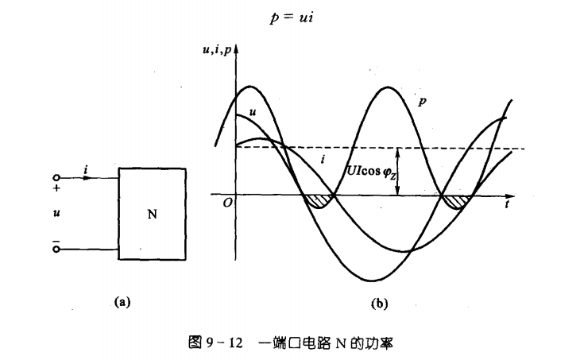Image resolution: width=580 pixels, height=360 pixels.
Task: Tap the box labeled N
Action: click(152, 215)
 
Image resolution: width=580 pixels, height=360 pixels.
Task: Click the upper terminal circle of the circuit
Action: click(56, 178)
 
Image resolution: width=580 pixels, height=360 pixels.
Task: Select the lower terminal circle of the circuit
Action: click(56, 249)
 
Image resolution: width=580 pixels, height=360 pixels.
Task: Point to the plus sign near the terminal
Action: click(56, 189)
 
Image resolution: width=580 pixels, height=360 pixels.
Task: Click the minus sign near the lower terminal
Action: click(56, 237)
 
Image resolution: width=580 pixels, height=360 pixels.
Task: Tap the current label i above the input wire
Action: click(85, 168)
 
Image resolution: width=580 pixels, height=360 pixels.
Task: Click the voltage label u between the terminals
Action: click(56, 213)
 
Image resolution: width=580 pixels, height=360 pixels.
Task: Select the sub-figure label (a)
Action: click(121, 301)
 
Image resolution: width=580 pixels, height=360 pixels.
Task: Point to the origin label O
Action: click(227, 203)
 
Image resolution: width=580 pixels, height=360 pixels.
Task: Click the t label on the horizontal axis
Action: click(505, 204)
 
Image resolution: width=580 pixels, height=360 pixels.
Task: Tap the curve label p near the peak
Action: click(422, 102)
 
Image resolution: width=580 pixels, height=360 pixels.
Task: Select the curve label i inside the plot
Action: click(322, 160)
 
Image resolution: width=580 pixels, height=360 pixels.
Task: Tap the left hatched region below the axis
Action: click(319, 201)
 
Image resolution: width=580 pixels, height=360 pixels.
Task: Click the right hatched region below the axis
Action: click(456, 201)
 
